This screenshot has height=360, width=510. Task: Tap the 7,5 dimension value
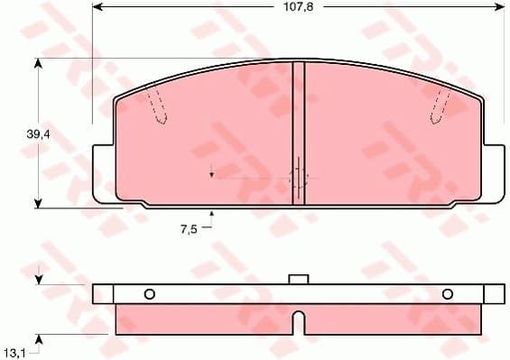pyautogui.click(x=188, y=230)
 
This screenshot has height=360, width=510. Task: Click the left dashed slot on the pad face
pyautogui.click(x=158, y=106)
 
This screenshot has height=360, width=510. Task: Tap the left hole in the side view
pyautogui.click(x=150, y=293)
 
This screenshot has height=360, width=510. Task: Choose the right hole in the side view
pyautogui.click(x=448, y=293)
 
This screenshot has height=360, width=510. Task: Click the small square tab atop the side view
pyautogui.click(x=299, y=280)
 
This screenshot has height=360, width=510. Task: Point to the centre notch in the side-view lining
pyautogui.click(x=299, y=320)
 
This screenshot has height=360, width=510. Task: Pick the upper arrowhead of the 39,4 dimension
pyautogui.click(x=39, y=62)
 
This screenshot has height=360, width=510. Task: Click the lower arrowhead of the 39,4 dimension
pyautogui.click(x=39, y=203)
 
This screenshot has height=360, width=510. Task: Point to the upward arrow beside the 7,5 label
pyautogui.click(x=213, y=215)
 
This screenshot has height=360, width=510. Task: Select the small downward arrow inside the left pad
pyautogui.click(x=211, y=173)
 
